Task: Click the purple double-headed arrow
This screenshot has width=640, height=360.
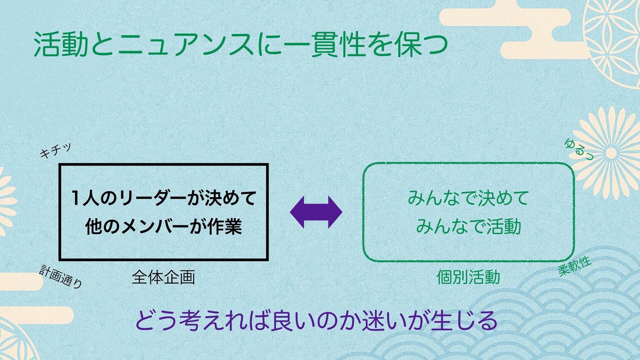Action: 316,212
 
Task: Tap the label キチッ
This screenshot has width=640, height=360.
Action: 55,151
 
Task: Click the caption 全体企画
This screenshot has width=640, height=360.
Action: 163,277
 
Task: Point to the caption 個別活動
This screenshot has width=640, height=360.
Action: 468,277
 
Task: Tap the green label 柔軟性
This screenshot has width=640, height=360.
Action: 574,266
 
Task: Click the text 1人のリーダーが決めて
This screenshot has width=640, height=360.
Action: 163,198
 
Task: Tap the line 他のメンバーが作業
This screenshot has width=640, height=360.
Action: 163,227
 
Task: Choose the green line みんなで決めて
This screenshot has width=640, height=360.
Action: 468,198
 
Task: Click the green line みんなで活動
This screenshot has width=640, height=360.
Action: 468,226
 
